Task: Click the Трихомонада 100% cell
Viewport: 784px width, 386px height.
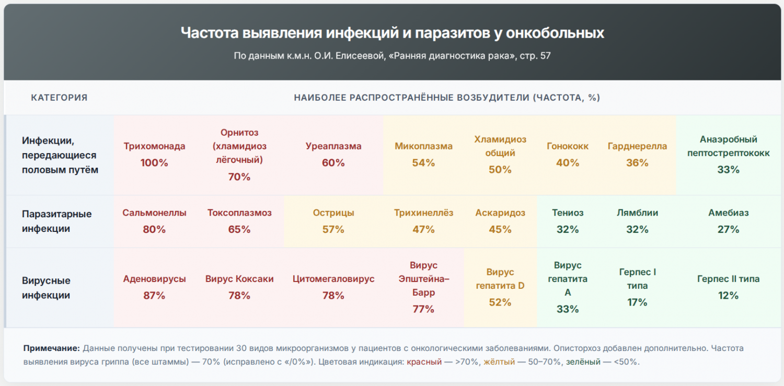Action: tap(154, 155)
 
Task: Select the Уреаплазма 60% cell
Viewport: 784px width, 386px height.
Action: tap(333, 155)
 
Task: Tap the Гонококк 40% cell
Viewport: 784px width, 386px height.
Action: tap(568, 155)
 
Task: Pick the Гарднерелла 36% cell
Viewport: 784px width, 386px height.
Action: tap(637, 155)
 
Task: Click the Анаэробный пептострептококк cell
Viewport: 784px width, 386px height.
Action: tap(728, 155)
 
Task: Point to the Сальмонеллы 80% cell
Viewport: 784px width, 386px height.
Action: tap(154, 221)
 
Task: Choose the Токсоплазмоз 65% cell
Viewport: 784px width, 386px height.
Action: tap(239, 221)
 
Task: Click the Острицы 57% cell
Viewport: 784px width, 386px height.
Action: tap(333, 221)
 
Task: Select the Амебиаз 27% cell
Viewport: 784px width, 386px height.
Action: tap(728, 221)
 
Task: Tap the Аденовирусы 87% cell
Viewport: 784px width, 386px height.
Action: tap(154, 287)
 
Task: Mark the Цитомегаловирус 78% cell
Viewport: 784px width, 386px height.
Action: tap(333, 287)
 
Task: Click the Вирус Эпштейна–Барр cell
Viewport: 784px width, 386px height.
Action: tap(423, 287)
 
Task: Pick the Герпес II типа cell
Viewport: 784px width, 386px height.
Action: tap(728, 287)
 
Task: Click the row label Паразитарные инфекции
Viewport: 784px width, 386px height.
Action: tap(57, 221)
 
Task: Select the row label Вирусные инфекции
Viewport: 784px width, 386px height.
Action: tap(47, 288)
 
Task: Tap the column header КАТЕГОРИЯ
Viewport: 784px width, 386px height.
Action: tap(59, 98)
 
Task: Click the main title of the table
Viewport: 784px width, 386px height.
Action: tap(392, 33)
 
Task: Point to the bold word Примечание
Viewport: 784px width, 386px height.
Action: tap(52, 348)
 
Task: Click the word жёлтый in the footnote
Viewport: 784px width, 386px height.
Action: tap(499, 361)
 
